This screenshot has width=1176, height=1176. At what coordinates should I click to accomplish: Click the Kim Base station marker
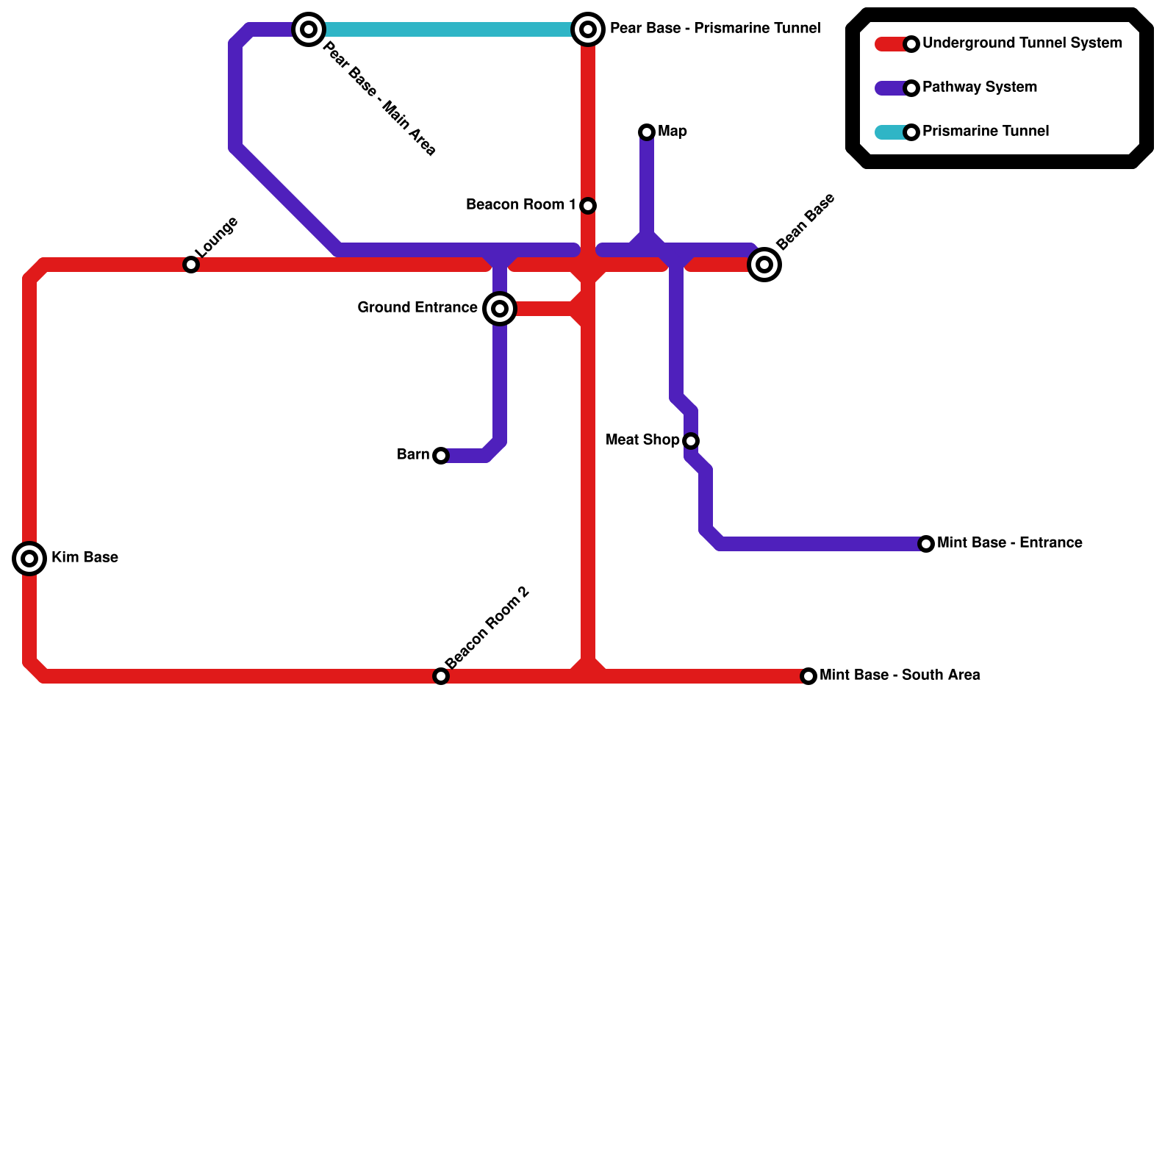pos(29,559)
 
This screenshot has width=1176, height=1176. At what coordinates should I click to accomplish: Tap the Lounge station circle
pos(191,265)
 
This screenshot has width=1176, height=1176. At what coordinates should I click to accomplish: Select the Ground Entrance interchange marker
pos(500,309)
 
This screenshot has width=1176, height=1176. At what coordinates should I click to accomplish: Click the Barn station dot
pos(441,456)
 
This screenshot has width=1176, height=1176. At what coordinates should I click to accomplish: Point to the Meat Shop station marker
pos(691,441)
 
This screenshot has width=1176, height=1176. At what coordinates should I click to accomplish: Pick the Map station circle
pos(647,132)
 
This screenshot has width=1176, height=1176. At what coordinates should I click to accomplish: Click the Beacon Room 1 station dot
pos(588,206)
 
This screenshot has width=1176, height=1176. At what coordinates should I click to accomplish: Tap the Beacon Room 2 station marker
pos(441,676)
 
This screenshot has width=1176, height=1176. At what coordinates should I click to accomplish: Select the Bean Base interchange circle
pos(764,265)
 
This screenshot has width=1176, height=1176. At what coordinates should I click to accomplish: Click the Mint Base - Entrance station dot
pos(926,544)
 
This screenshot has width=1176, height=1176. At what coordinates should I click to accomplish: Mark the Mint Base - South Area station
pos(808,676)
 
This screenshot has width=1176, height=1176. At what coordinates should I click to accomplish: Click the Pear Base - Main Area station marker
pos(309,29)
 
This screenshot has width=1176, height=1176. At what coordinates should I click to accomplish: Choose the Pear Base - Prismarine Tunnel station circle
pos(588,29)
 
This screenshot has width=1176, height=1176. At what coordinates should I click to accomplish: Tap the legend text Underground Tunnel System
pos(1022,43)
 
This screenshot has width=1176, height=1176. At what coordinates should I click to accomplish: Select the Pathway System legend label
pos(979,87)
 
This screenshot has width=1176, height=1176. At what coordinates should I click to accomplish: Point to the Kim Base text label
pos(85,558)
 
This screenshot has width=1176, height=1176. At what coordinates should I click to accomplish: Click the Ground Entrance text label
pos(417,308)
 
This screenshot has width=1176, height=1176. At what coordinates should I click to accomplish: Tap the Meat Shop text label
pos(642,440)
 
